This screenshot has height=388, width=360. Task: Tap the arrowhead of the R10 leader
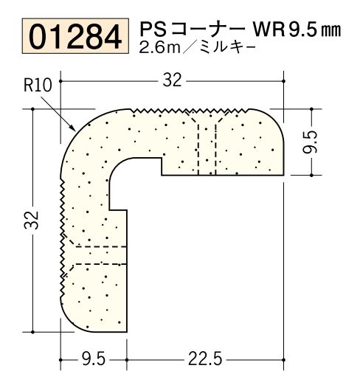[73, 129]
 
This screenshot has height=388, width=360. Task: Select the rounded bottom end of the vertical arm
[92, 322]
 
